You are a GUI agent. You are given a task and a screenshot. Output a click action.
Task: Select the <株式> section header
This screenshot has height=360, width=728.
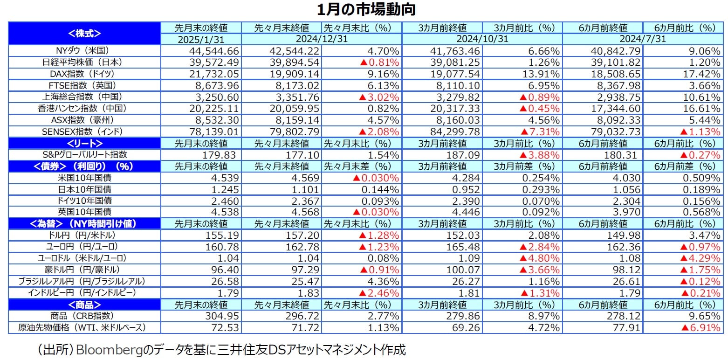[84, 33]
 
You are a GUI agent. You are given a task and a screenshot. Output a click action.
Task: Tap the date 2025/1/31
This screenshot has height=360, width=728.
[201, 39]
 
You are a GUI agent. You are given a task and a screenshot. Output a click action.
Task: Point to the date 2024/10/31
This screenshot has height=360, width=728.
[482, 39]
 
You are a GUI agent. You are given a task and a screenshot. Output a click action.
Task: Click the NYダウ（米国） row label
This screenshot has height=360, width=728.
[84, 50]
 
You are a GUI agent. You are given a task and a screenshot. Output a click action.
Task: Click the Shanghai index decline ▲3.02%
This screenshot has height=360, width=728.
[378, 97]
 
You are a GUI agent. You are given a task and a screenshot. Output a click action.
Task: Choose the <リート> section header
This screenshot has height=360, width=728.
[84, 143]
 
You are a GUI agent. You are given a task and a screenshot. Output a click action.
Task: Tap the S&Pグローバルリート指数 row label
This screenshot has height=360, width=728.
[84, 154]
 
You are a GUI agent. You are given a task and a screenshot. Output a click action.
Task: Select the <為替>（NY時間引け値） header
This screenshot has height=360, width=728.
[84, 224]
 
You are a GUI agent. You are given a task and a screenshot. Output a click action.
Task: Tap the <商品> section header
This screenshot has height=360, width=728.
[84, 305]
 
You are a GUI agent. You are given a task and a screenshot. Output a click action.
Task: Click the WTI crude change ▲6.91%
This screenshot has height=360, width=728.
[697, 327]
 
